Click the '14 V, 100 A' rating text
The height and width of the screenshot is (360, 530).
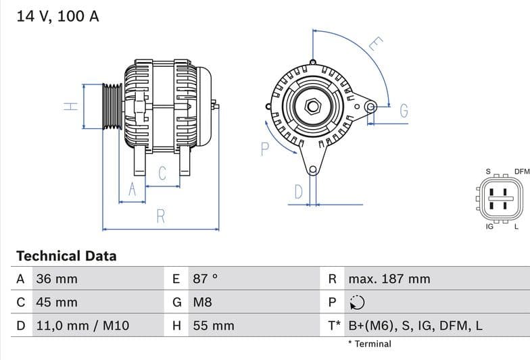coord(57,16)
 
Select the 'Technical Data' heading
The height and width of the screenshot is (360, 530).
coord(66,256)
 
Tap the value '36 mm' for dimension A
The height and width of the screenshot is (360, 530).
coord(57,279)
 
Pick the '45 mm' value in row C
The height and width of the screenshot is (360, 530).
coord(57,303)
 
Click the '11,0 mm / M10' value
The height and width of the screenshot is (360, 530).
coord(82,326)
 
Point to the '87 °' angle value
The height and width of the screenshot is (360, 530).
coord(206,279)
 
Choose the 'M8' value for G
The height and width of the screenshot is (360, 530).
coord(202,303)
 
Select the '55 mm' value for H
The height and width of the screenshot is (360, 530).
coord(214,326)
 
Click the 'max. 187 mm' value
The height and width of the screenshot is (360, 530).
coord(389,279)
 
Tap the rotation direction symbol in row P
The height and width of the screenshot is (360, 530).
coord(358,303)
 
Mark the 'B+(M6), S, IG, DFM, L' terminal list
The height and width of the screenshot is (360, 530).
coord(415,326)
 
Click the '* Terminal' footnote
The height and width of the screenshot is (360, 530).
coord(370,344)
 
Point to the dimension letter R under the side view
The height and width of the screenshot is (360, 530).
coord(161,216)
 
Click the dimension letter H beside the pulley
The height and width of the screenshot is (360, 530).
coord(71,106)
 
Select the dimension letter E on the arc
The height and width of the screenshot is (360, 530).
coord(376,45)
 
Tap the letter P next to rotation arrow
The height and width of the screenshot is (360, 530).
coord(264,149)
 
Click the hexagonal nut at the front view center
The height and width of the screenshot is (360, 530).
coord(312,106)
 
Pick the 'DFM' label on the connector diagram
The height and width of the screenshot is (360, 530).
coord(521,172)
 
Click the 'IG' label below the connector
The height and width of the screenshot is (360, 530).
coord(489,227)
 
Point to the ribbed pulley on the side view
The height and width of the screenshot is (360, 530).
coord(112,106)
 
